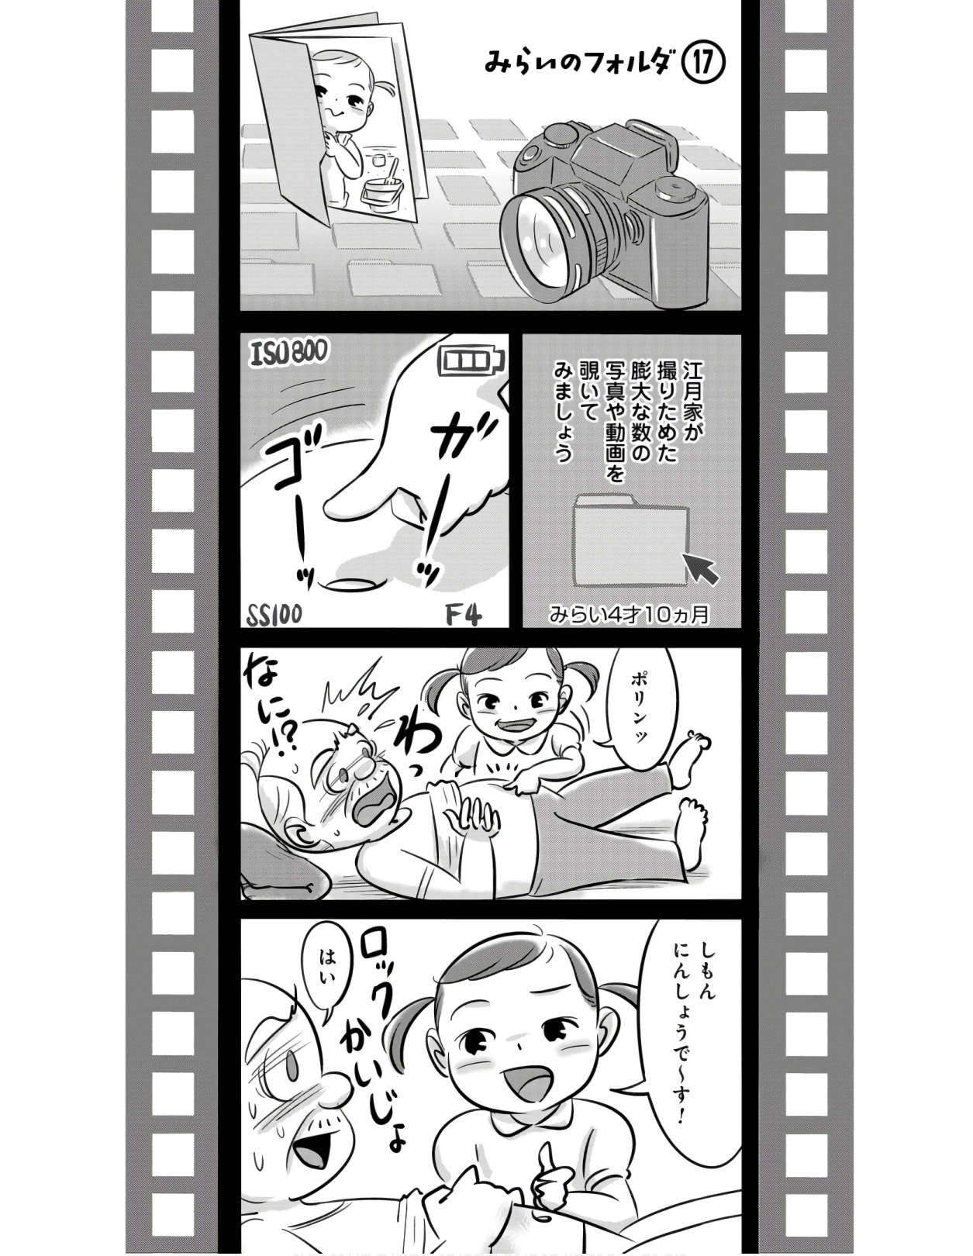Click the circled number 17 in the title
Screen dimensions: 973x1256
[703, 64]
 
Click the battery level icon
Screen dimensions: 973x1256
[472, 361]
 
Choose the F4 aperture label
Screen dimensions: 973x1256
[463, 614]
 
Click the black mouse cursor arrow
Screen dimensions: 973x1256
[701, 567]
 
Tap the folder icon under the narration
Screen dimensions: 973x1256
[631, 538]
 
